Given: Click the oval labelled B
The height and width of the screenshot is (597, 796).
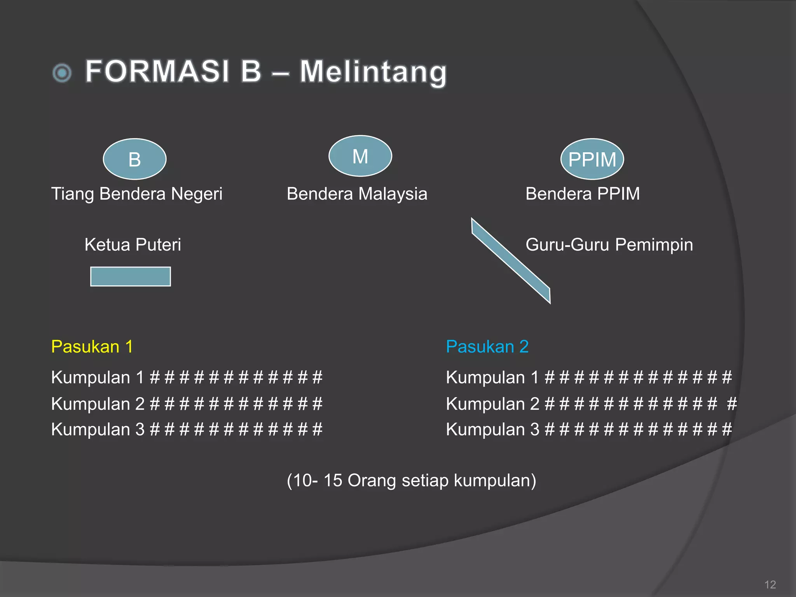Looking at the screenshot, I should pos(134,159).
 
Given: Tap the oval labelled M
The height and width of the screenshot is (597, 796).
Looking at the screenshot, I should pos(360,156).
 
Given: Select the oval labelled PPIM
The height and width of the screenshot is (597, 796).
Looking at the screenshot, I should pos(592,159).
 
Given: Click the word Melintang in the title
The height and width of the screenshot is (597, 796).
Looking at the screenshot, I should pos(373,72).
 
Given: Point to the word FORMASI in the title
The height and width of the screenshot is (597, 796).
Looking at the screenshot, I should pos(157,71).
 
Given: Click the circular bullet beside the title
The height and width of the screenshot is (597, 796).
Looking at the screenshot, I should pos(62,73).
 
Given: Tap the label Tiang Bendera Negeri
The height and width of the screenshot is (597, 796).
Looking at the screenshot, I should pos(137,194).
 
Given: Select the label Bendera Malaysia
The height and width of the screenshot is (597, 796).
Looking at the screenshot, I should pos(357,194).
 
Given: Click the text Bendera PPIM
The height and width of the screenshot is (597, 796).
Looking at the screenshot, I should pos(583,194).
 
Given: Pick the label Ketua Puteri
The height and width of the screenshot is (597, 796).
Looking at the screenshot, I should pos(133,244).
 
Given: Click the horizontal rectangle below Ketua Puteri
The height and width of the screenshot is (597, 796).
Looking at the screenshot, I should pos(131,276).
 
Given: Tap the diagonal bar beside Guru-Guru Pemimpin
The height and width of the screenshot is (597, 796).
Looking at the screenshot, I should pos(511,260).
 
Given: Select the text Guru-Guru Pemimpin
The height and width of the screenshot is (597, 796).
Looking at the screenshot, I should pos(609,244).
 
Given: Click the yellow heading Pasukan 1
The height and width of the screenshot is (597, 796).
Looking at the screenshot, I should pos(92,346).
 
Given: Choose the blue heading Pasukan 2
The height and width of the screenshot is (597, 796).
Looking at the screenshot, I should pos(487,346).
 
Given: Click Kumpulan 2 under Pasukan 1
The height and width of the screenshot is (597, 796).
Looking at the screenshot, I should pos(98,404).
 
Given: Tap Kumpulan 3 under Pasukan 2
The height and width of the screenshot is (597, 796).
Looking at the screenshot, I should pos(492,429).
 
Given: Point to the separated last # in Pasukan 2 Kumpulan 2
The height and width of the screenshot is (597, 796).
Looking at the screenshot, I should pos(732,404).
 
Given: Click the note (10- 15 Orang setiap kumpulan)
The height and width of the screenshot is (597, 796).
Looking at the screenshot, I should pos(411,480).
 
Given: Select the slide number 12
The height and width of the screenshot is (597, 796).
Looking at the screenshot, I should pos(770,584).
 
